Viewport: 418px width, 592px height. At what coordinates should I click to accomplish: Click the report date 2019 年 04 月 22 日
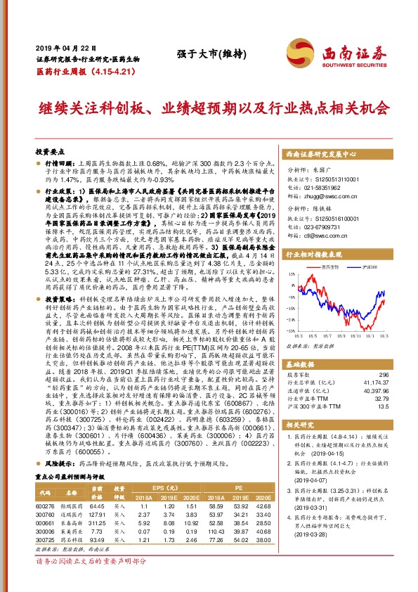pyautogui.click(x=58, y=46)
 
